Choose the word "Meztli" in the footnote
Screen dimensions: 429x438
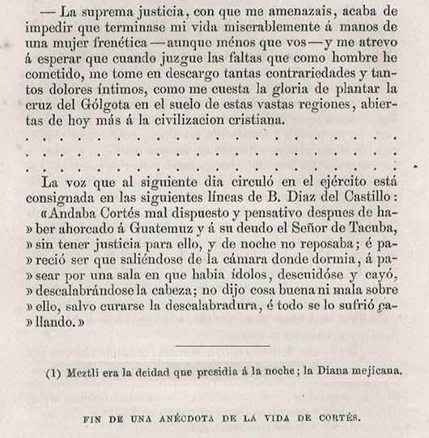84,372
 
